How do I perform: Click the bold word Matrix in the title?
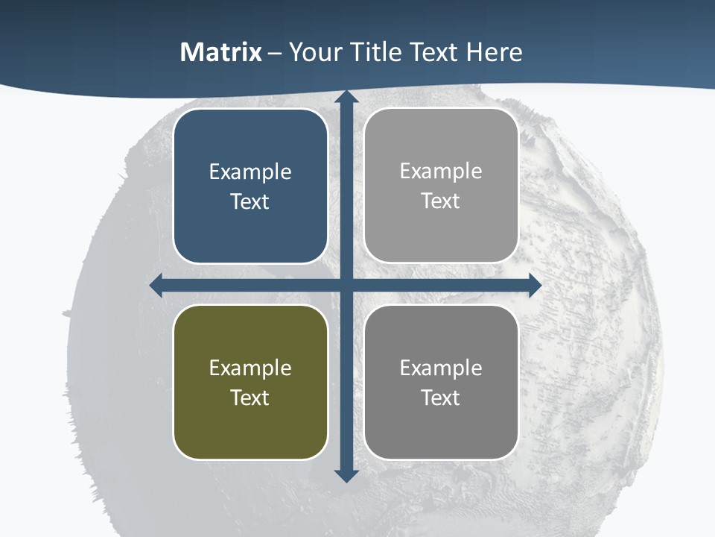click(221, 52)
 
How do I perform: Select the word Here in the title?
click(495, 52)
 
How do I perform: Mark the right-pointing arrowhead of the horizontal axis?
click(535, 286)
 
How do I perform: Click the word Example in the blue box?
click(250, 172)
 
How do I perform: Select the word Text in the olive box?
click(250, 398)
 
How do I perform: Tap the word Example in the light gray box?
click(441, 171)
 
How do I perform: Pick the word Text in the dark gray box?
click(441, 398)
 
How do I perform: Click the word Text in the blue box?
click(250, 201)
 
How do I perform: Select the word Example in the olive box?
click(250, 368)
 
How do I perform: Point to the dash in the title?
click(276, 53)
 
